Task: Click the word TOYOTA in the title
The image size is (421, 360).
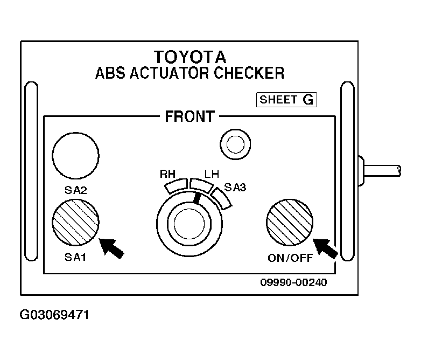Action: pyautogui.click(x=190, y=57)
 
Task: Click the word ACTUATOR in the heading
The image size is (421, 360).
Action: pyautogui.click(x=169, y=73)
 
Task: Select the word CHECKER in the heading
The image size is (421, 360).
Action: pyautogui.click(x=249, y=73)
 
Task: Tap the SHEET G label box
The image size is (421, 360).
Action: pyautogui.click(x=286, y=100)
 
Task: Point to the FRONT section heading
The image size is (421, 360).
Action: pyautogui.click(x=190, y=116)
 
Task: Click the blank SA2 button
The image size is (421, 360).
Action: pyautogui.click(x=75, y=155)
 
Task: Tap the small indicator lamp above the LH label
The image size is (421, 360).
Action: pyautogui.click(x=235, y=144)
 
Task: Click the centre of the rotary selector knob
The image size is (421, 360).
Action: pyautogui.click(x=190, y=224)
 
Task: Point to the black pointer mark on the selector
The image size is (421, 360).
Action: pyautogui.click(x=197, y=198)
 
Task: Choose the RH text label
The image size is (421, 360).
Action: pyautogui.click(x=167, y=174)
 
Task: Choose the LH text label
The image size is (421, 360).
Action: pyautogui.click(x=212, y=174)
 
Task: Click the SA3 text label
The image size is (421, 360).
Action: pyautogui.click(x=235, y=188)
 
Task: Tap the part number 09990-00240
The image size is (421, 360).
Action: pyautogui.click(x=294, y=282)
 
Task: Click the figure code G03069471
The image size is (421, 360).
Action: pyautogui.click(x=54, y=315)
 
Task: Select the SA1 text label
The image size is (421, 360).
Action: pyautogui.click(x=75, y=257)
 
